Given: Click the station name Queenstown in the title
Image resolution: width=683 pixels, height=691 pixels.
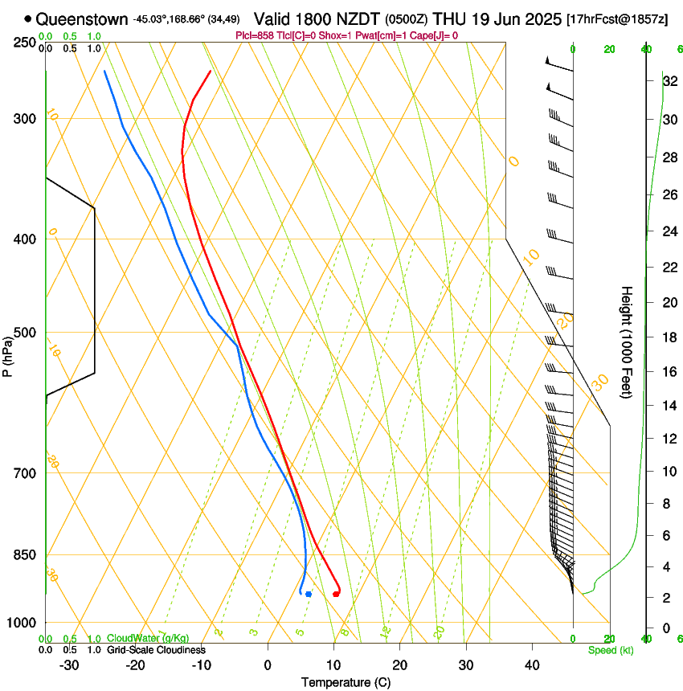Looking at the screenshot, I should pyautogui.click(x=72, y=18).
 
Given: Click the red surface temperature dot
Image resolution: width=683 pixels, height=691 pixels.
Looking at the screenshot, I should pyautogui.click(x=336, y=594).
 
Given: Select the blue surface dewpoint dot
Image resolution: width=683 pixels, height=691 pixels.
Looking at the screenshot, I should pyautogui.click(x=309, y=594).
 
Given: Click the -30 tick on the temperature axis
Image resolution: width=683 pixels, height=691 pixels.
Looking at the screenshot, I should pyautogui.click(x=70, y=664).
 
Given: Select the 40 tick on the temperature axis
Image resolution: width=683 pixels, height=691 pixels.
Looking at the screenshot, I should pyautogui.click(x=532, y=664).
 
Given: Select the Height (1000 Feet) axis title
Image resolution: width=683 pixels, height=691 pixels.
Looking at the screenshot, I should pyautogui.click(x=627, y=341).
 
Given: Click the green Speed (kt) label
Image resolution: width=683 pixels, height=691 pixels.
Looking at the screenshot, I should pyautogui.click(x=611, y=650).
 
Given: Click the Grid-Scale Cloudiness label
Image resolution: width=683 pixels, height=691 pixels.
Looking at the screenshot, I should pyautogui.click(x=156, y=650).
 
